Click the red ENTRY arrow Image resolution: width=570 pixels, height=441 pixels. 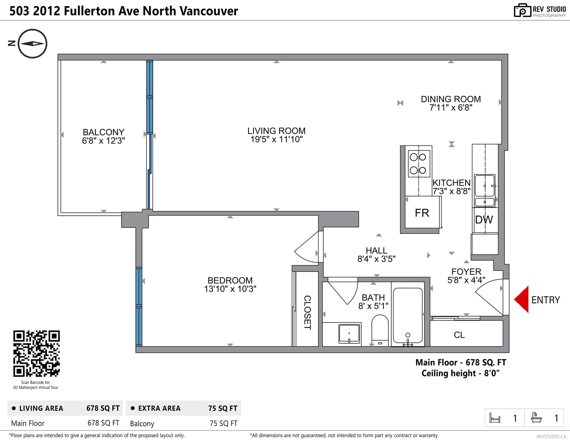[522, 299]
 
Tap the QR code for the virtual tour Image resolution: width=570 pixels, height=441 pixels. [36, 353]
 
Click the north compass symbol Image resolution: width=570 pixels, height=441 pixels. [32, 43]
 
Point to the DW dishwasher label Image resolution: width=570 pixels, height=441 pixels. [484, 220]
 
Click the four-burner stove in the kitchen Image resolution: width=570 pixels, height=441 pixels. [419, 164]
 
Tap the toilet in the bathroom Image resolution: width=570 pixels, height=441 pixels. [380, 330]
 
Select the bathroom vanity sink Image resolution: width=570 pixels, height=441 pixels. [349, 334]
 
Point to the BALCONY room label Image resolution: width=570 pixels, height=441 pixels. [104, 132]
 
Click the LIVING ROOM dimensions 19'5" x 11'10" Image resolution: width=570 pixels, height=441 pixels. [276, 140]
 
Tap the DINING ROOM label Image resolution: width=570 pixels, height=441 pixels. [451, 99]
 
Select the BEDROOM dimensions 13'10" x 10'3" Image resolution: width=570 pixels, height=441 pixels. [230, 289]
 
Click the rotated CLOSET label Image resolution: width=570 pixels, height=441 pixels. [307, 313]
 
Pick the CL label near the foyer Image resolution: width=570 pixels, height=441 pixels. [459, 335]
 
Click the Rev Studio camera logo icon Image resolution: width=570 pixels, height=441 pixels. [522, 10]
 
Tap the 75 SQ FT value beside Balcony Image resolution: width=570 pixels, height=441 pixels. [223, 424]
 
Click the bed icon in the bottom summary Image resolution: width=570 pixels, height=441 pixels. [495, 418]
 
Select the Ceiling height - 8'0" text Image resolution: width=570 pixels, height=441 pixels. [460, 373]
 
